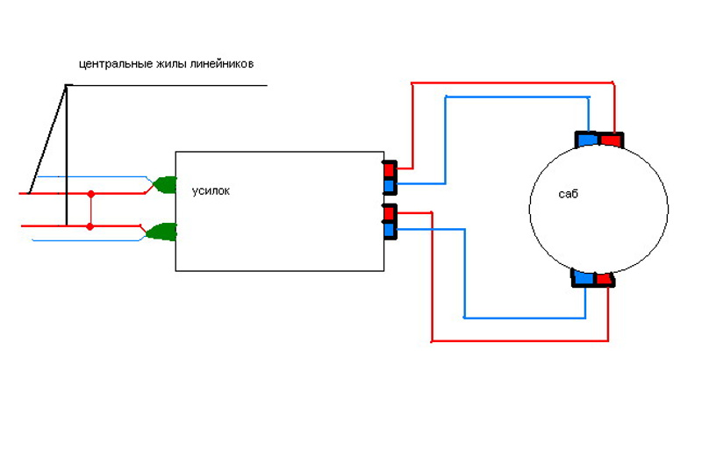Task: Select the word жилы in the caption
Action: [165, 65]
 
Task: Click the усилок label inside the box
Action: [211, 190]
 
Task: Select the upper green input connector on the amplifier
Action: [164, 184]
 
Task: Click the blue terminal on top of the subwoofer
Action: [586, 139]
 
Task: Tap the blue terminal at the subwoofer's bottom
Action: [584, 278]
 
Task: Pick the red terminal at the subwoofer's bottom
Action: [604, 278]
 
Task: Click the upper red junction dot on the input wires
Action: [90, 192]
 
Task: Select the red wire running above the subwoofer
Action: [513, 83]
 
